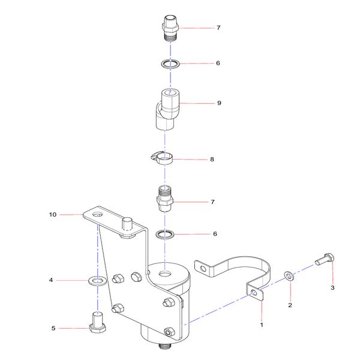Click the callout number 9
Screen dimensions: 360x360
219,103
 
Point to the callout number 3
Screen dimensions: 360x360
332,287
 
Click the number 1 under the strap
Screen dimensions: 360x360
261,324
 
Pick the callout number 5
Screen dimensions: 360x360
53,328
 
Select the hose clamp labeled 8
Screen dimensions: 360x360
161,158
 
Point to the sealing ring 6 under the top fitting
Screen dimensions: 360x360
170,63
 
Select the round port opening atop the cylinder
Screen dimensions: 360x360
164,274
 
